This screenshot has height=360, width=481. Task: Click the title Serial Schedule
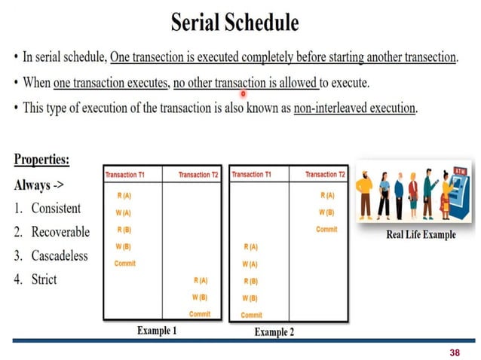234,22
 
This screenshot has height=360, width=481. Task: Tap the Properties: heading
41,160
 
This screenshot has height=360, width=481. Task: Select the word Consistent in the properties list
56,208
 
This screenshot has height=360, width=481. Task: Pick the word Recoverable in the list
60,232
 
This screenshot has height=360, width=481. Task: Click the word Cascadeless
60,255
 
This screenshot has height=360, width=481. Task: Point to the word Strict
44,279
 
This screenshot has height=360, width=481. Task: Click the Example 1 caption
157,330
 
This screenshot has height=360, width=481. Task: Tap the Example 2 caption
274,331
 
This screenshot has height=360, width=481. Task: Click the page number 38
454,352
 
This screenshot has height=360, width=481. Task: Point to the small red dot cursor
244,95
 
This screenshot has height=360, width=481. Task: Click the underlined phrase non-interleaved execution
354,108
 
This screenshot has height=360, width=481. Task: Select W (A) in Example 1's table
124,212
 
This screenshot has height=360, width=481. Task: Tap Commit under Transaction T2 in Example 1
200,314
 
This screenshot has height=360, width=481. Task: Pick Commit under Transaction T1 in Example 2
252,315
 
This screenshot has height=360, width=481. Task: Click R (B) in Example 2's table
250,281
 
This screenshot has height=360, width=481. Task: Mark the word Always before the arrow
32,185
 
